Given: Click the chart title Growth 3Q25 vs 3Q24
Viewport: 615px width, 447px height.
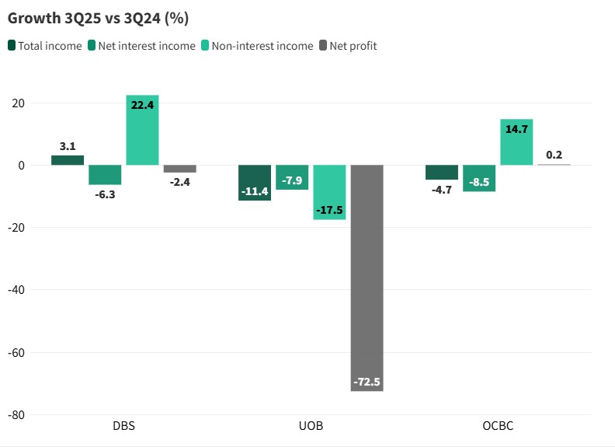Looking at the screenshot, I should click(98, 17).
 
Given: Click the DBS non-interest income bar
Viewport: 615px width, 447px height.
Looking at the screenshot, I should click(143, 130).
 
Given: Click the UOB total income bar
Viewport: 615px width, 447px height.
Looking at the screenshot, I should click(255, 183).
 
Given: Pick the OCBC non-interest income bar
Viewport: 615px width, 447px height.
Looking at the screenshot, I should click(516, 142).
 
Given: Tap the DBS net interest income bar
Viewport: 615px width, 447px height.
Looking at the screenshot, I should click(105, 175).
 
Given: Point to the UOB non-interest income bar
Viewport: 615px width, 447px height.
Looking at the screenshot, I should click(329, 192).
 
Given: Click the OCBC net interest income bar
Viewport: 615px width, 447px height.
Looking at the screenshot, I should click(479, 178).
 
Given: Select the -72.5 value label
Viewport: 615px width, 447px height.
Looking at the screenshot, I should click(367, 382).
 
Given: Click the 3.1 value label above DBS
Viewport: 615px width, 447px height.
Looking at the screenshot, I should click(68, 146).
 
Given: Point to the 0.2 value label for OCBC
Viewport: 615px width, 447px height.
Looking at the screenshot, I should click(554, 155).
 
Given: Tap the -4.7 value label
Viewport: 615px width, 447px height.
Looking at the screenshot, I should click(442, 189).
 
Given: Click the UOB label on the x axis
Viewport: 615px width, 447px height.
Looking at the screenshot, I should click(311, 427).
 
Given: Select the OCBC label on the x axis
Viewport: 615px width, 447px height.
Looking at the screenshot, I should click(498, 427).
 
